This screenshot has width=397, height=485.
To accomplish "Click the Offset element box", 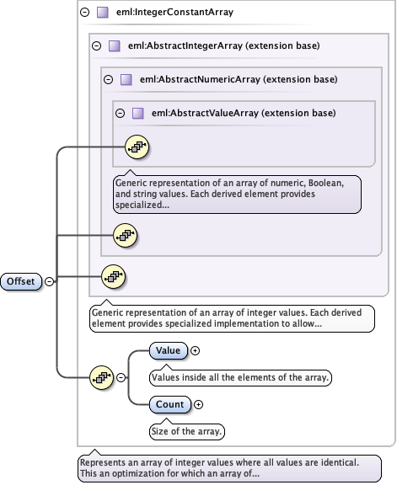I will click(21, 281).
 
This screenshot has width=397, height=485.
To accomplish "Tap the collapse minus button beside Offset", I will click(49, 281).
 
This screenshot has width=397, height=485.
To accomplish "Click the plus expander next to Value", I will click(196, 349).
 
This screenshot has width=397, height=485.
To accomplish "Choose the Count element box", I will click(169, 405).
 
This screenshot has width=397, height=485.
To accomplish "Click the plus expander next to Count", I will click(198, 405).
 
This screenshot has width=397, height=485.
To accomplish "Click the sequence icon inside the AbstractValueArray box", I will click(137, 148).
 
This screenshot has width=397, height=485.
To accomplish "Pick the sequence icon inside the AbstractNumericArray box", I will click(125, 235).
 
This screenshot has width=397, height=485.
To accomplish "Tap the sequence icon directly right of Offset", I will click(112, 275).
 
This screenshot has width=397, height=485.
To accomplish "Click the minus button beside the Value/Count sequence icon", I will click(121, 378).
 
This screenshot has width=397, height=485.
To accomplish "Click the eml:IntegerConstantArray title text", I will click(174, 13).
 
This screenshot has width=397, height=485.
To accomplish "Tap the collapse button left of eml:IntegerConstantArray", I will click(84, 13).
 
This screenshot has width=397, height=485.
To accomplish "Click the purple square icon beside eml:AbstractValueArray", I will click(137, 113).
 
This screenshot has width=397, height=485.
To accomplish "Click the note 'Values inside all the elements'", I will click(239, 378).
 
